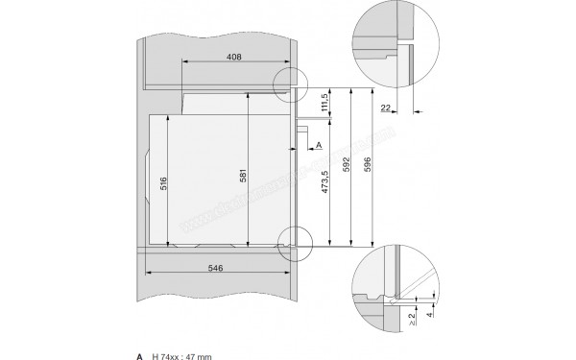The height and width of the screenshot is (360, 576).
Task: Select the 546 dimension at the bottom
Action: click(x=215, y=269)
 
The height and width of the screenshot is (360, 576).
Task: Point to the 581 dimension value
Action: click(x=243, y=177)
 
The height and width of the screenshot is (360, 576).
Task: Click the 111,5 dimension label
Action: click(x=325, y=103)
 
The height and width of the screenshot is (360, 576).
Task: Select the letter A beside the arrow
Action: click(x=318, y=145)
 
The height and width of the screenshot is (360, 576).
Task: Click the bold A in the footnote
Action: click(x=140, y=356)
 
